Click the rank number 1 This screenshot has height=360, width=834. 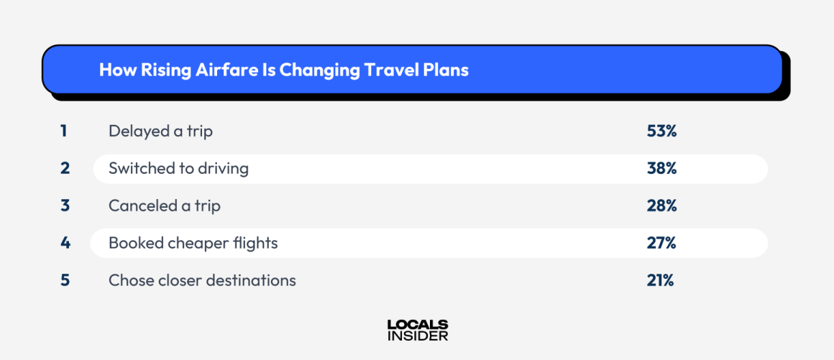(64, 131)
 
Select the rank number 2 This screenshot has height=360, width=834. (65, 168)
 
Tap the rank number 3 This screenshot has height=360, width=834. (65, 206)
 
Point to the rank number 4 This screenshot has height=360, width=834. (65, 243)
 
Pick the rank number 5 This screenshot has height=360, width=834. (65, 280)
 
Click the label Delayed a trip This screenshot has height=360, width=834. (160, 131)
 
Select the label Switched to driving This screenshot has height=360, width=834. (178, 168)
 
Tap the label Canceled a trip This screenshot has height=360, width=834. (165, 206)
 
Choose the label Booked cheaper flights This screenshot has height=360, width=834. (193, 243)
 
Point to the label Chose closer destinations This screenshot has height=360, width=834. (202, 280)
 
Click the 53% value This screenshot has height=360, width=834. (661, 131)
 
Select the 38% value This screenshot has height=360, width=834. (661, 168)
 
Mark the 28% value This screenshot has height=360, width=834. (661, 206)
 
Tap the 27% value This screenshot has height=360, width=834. (661, 243)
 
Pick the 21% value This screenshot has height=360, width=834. (660, 280)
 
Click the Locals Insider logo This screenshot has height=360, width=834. (417, 330)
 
